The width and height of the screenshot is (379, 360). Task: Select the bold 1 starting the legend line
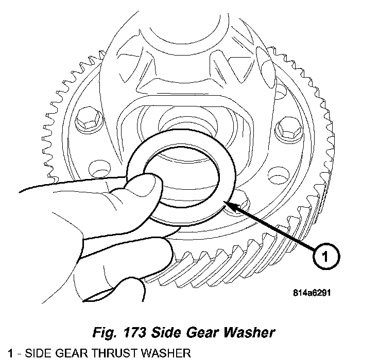coord(4,353)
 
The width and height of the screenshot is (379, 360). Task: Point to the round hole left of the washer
coord(95,168)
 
